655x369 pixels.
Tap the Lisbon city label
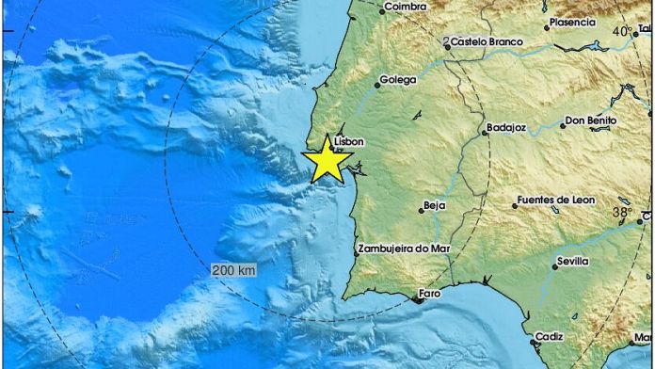(348, 141)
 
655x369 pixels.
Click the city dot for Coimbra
(382, 11)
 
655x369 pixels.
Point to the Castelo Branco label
(486, 41)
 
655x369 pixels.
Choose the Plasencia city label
(572, 22)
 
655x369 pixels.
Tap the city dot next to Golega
(378, 83)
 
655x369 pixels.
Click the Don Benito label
(592, 120)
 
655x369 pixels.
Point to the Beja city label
(435, 203)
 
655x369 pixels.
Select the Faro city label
(429, 294)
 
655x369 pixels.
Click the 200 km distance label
(232, 269)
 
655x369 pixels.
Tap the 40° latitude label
(623, 32)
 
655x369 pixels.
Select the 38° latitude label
(623, 214)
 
